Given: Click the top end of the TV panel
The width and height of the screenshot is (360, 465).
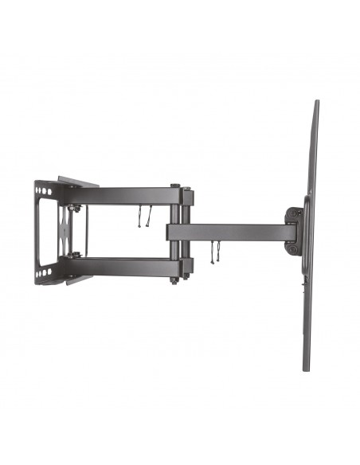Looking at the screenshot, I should [x=316, y=103].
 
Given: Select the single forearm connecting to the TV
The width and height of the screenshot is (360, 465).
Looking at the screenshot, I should [x=231, y=232].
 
